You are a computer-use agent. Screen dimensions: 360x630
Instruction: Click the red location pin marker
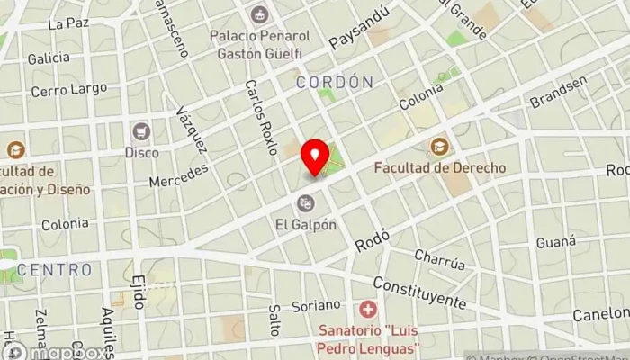tap(315, 157)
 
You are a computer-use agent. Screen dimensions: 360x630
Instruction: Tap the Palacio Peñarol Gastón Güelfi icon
tap(260, 14)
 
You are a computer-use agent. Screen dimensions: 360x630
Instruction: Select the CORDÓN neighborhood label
tap(334, 82)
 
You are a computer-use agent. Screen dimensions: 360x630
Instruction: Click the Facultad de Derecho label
tap(439, 167)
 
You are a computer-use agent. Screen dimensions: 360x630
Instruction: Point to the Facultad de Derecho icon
tap(438, 146)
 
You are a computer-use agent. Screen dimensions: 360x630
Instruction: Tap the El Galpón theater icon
tap(306, 202)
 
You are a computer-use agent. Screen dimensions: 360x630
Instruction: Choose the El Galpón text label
tap(307, 223)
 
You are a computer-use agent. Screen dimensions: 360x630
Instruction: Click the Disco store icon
tap(140, 131)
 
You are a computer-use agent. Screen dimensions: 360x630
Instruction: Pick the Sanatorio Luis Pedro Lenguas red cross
tap(367, 310)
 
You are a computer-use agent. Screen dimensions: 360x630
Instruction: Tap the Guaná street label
tap(555, 241)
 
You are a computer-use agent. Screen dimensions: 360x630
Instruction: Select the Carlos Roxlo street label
tap(260, 117)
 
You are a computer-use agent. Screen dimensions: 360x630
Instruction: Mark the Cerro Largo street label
tap(68, 89)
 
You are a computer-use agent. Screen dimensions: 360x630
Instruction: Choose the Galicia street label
tap(49, 58)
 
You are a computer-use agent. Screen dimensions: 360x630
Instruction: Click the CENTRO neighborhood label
tap(54, 269)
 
